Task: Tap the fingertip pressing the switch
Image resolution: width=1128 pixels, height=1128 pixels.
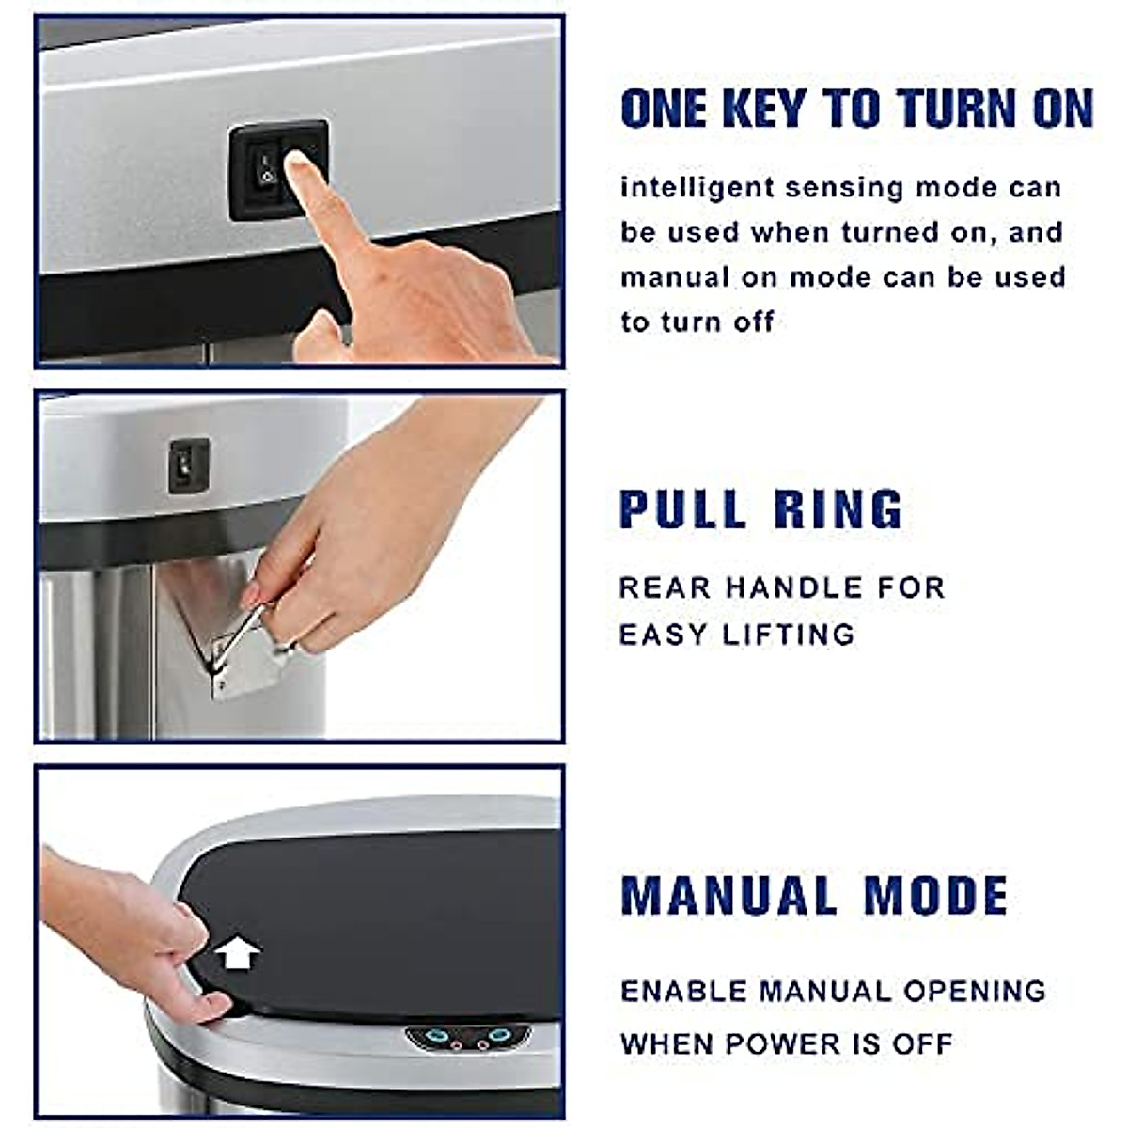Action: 302,170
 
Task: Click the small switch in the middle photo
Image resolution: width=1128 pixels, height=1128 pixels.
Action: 188,464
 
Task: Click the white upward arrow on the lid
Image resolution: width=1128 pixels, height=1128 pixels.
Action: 238,954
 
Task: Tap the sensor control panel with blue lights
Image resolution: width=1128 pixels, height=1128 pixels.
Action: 468,1038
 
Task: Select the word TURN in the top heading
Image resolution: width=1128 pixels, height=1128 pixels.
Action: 960,109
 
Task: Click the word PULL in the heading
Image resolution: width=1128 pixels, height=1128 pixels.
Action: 682,509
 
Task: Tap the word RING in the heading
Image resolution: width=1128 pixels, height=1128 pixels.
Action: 838,509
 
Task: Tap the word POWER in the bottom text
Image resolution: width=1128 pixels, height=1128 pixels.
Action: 787,1043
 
